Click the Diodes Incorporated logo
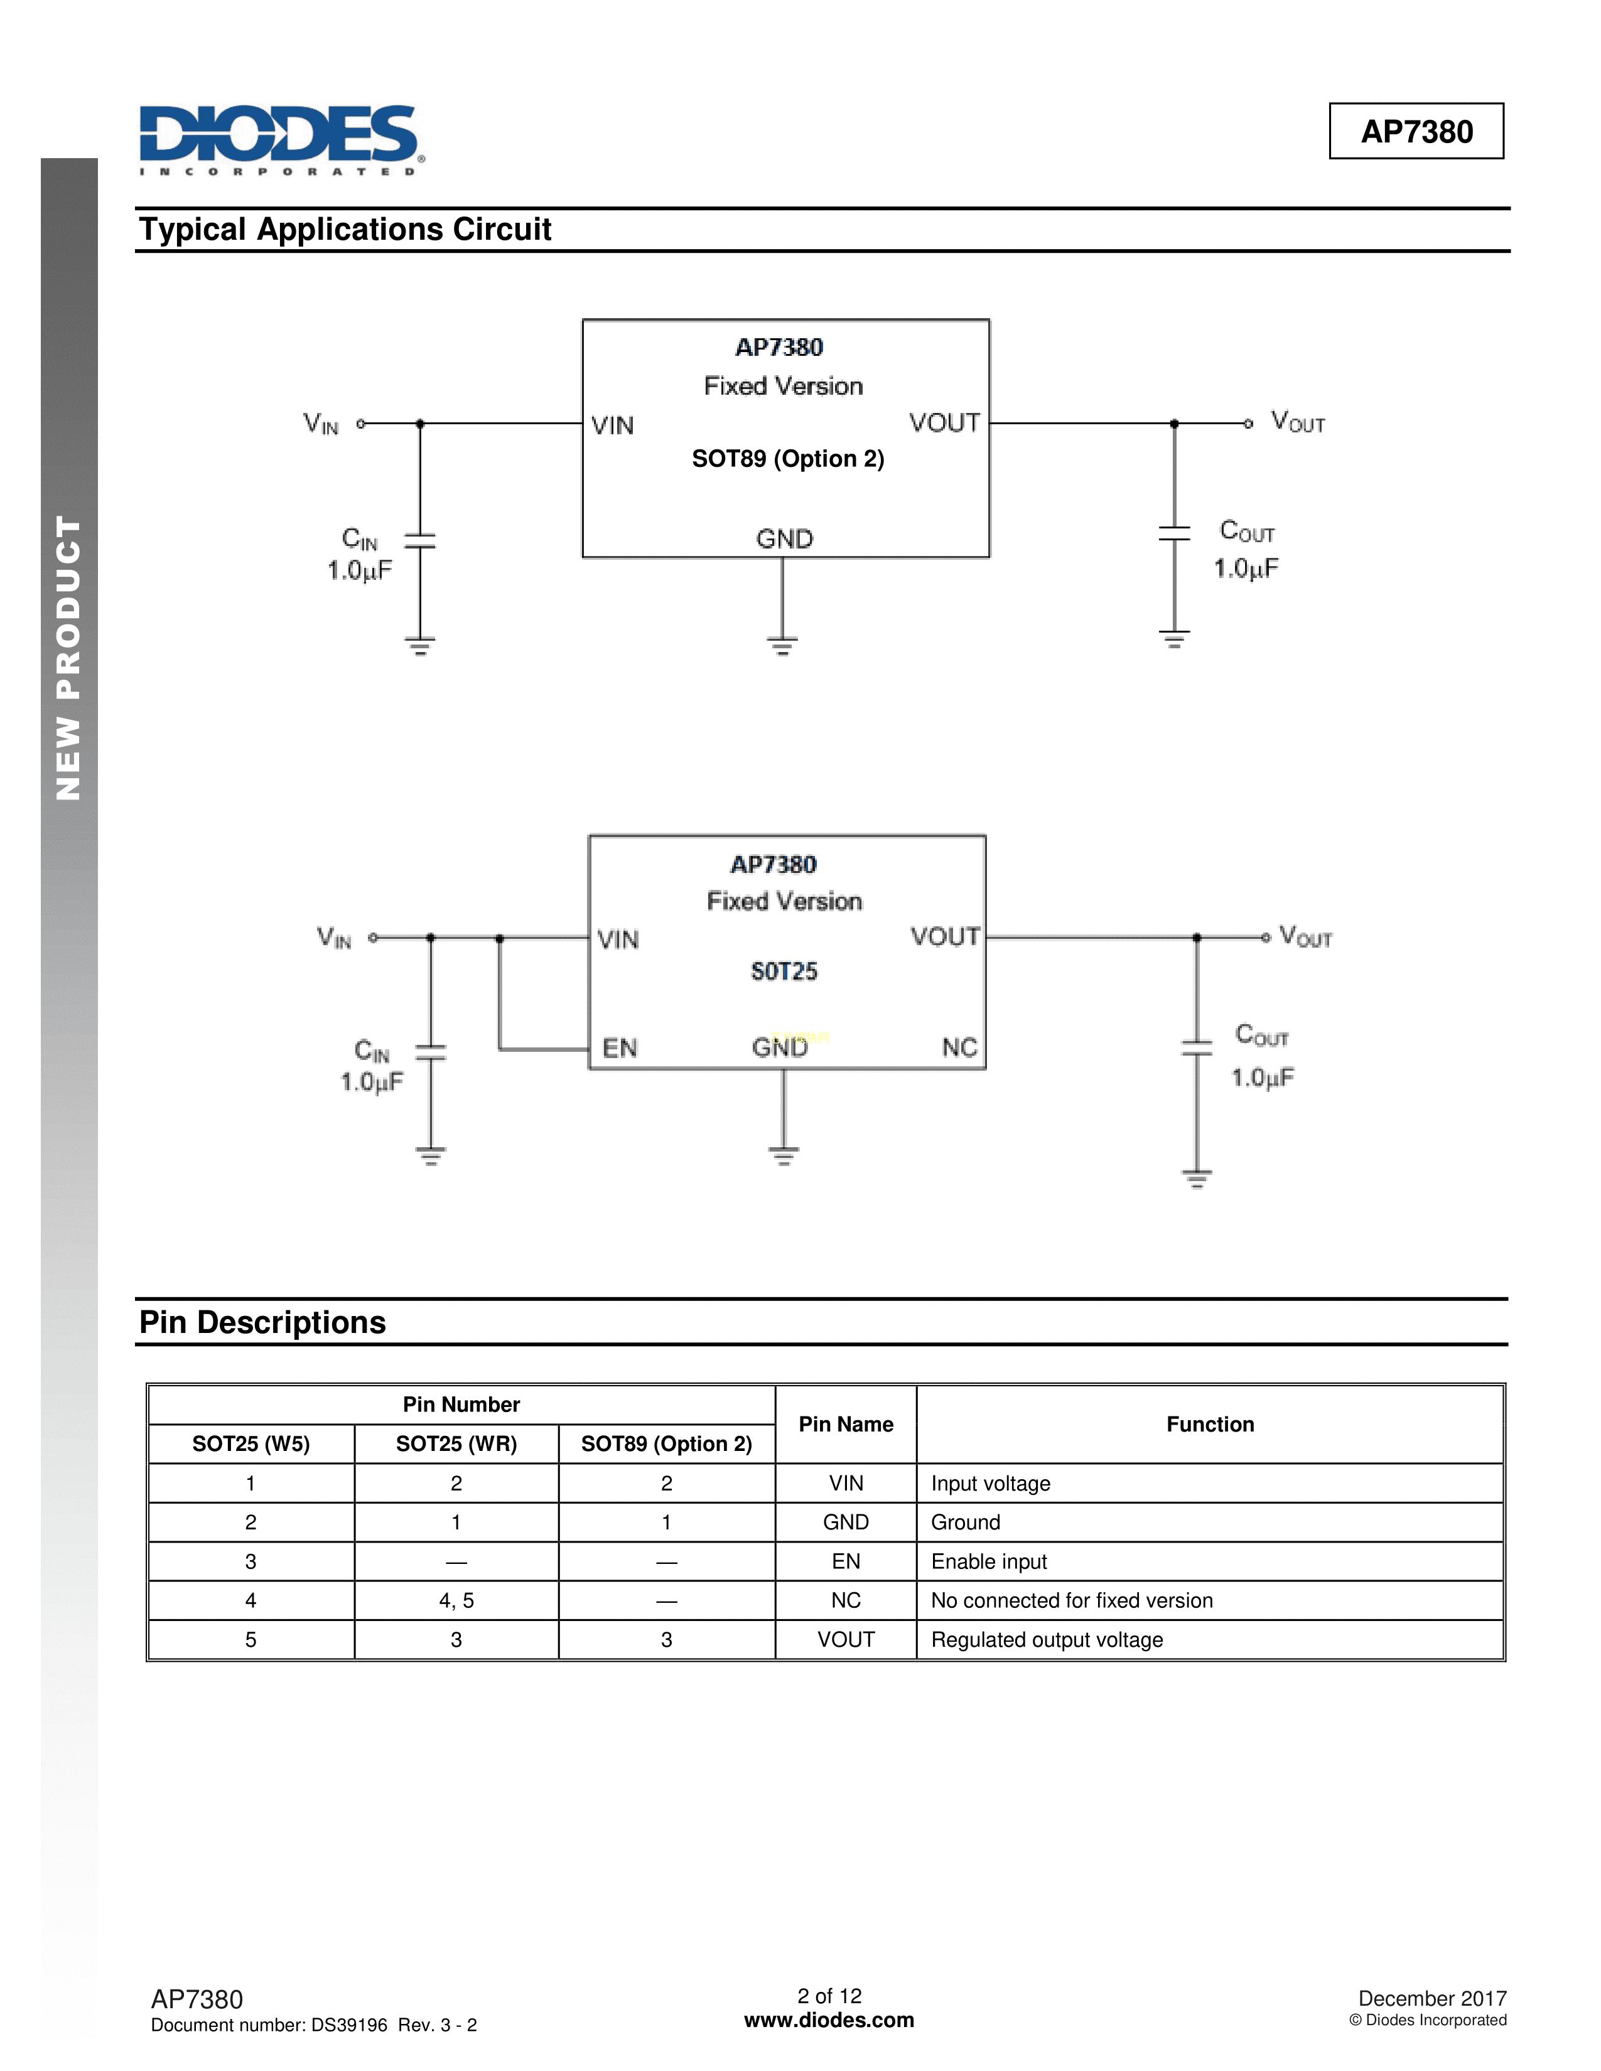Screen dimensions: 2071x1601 pos(281,139)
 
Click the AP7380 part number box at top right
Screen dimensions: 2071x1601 pos(1415,131)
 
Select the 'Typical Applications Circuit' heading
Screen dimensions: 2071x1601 pos(345,230)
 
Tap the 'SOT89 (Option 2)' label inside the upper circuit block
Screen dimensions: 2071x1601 pos(787,459)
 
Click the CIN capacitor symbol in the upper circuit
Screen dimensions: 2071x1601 pos(420,540)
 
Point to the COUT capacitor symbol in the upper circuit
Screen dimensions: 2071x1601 pos(1174,533)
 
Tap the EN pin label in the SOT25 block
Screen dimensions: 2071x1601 pos(619,1048)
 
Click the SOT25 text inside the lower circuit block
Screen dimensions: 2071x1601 pos(784,971)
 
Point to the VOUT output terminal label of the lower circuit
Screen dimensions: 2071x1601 pos(1305,937)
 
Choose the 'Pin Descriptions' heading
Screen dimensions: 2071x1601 pos(262,1322)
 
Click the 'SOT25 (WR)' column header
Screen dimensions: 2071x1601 pos(456,1443)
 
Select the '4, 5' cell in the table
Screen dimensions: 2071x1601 pos(456,1601)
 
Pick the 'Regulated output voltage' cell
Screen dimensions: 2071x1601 pos(1046,1639)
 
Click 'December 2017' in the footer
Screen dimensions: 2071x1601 pos(1431,1998)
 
